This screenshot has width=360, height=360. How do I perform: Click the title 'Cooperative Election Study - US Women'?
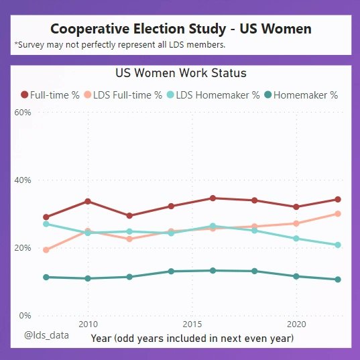pos(181,29)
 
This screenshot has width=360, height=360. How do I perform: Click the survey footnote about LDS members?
pos(119,45)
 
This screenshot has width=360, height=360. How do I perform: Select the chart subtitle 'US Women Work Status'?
pos(181,72)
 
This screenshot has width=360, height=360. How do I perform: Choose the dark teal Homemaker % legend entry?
pos(300,95)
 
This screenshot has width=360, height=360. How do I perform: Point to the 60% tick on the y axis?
pos(23,113)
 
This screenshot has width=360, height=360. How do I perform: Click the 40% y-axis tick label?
pos(23,180)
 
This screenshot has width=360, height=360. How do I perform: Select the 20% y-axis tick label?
pos(23,248)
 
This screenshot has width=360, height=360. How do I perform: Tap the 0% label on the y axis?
pos(25,316)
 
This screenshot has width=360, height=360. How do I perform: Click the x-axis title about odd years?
pos(192,339)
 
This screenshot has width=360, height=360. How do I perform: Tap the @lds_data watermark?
pos(46,333)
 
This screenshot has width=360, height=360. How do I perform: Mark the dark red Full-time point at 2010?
pos(88,201)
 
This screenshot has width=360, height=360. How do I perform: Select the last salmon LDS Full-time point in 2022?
pos(338,214)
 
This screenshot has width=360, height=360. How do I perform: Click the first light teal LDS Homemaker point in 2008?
pos(46,224)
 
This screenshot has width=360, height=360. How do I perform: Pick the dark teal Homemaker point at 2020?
pos(296,276)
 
